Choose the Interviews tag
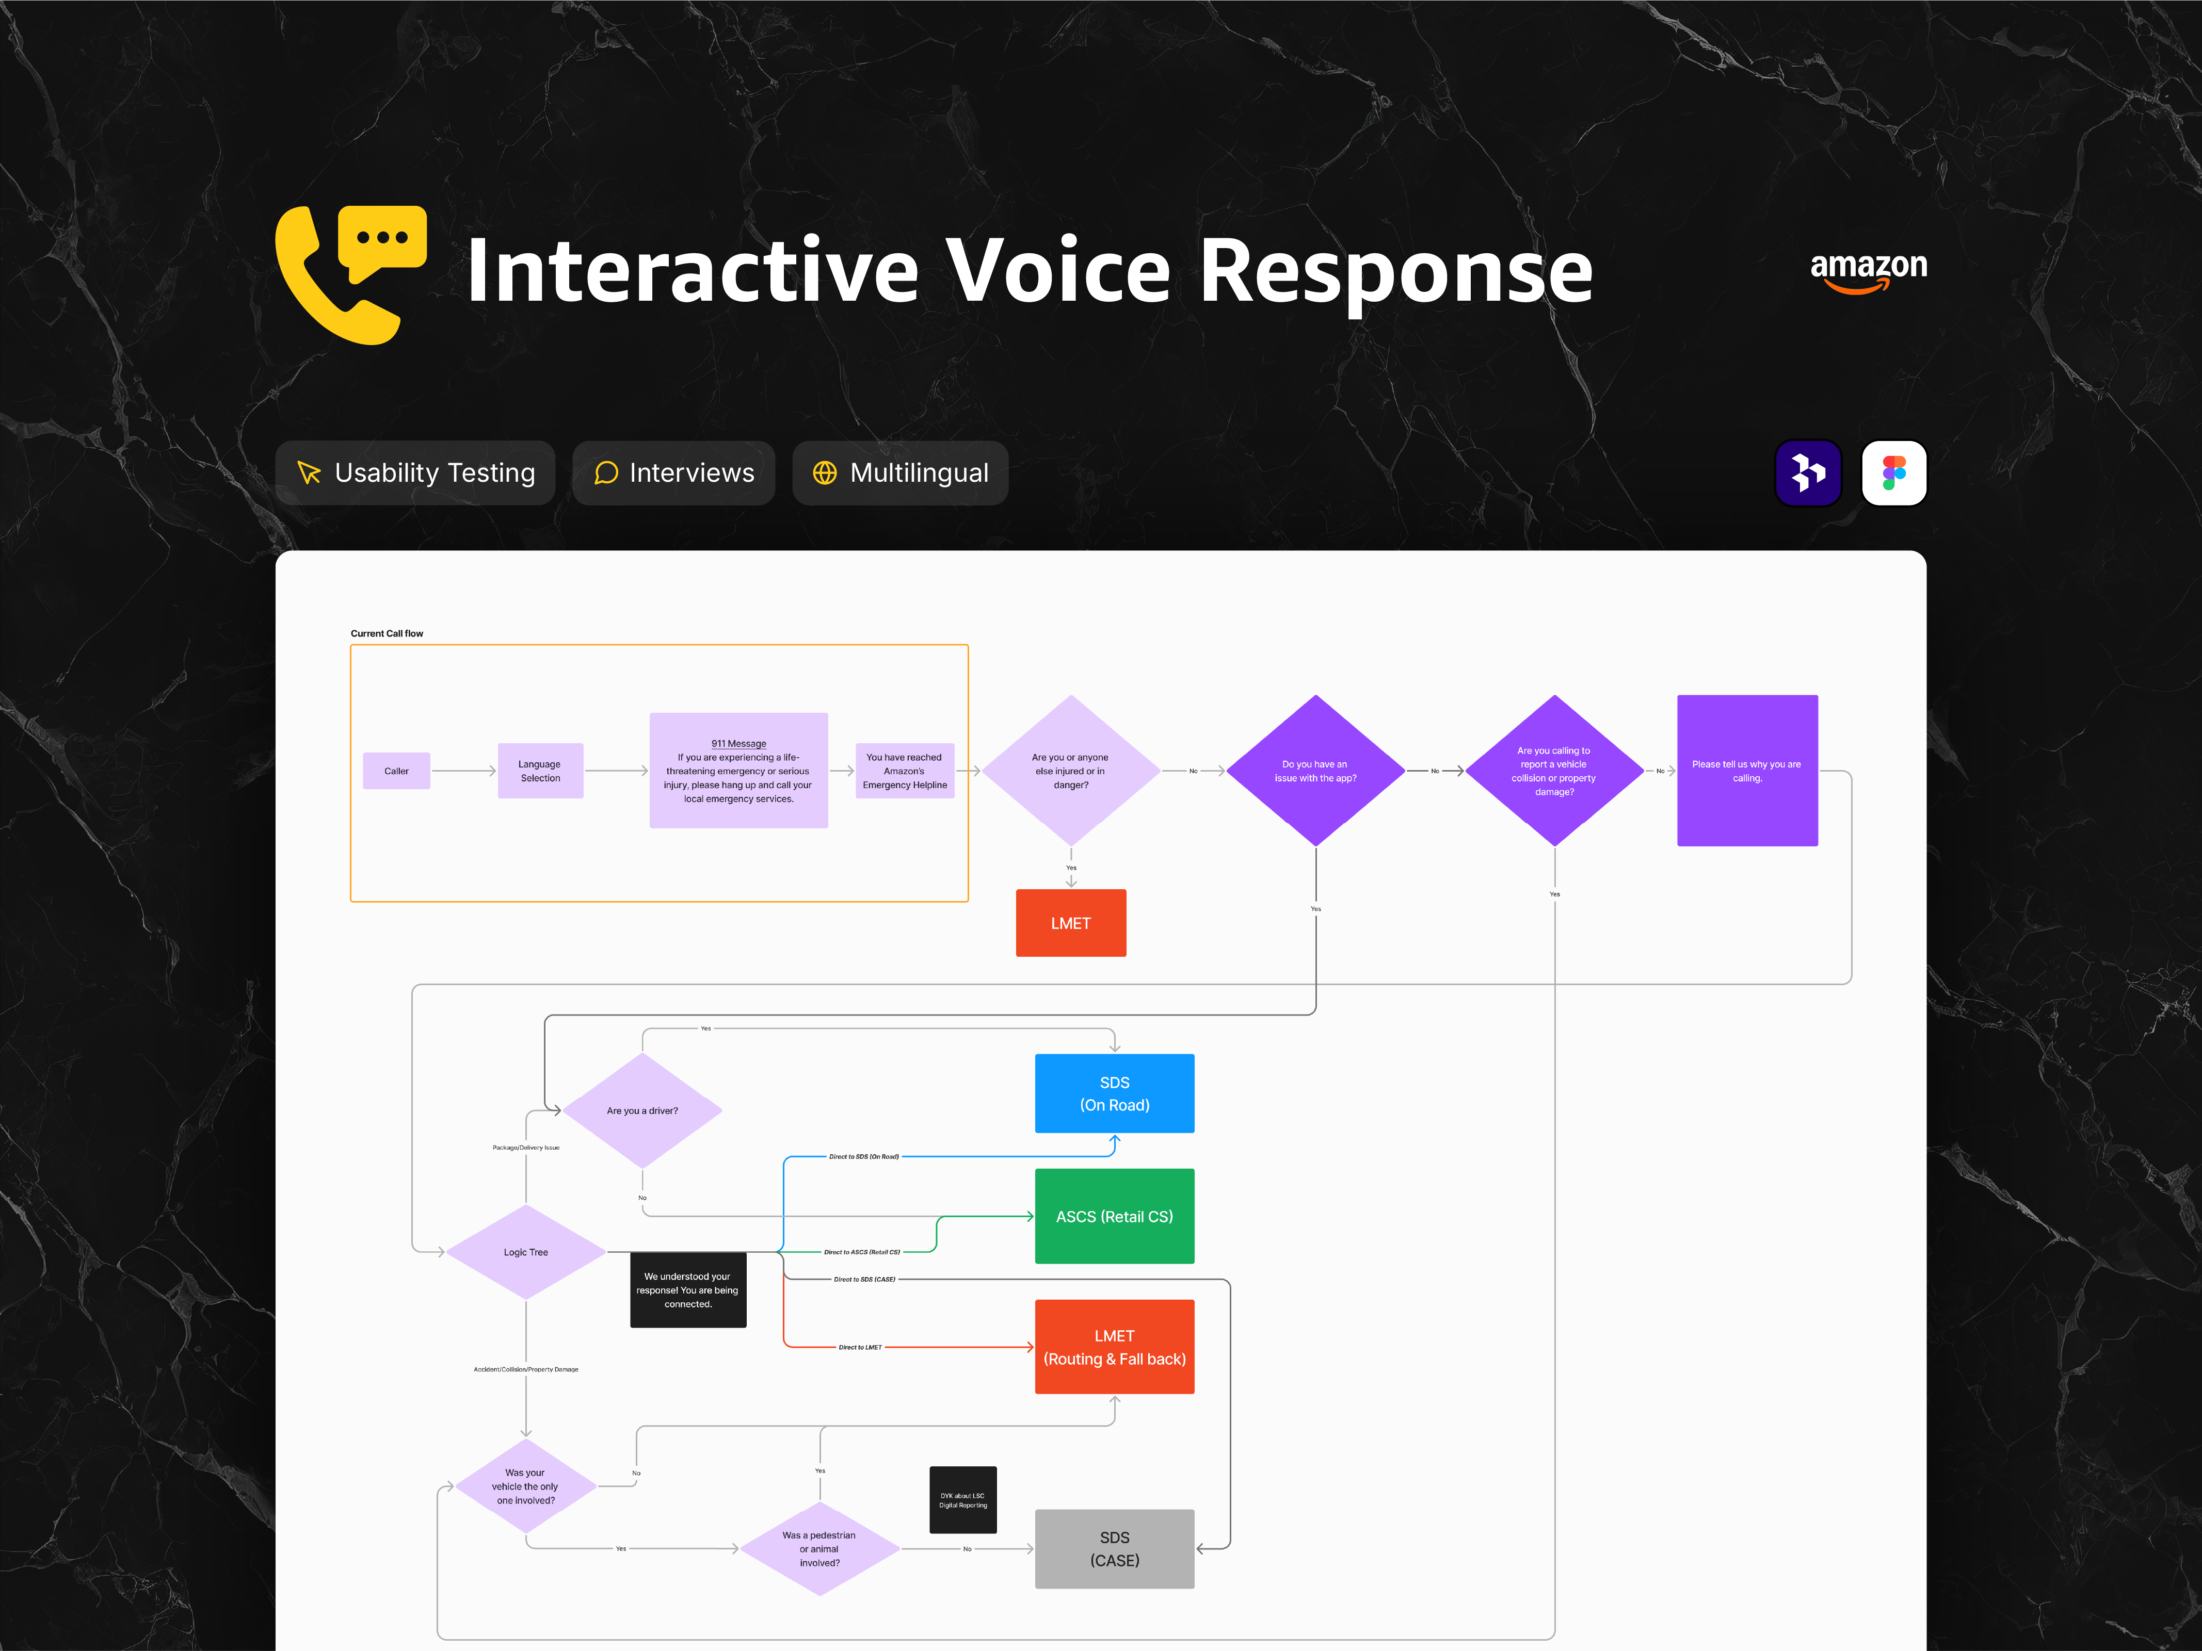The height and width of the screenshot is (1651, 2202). click(x=674, y=473)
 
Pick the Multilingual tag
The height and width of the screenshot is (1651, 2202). click(x=900, y=473)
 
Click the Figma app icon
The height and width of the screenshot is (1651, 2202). click(x=1893, y=473)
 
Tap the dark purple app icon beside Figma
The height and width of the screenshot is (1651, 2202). click(x=1808, y=473)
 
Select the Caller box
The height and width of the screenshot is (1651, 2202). click(x=396, y=771)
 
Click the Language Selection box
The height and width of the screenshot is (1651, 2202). click(x=540, y=771)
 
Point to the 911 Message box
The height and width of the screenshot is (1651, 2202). click(x=738, y=771)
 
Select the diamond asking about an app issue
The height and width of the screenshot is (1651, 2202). click(x=1315, y=771)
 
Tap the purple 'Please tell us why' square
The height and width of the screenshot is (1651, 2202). click(x=1747, y=771)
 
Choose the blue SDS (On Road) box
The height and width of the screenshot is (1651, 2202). click(x=1114, y=1093)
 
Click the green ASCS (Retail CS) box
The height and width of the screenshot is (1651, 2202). click(x=1114, y=1216)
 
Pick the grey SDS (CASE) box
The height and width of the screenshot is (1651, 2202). click(x=1114, y=1548)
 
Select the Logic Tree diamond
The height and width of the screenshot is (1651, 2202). click(x=526, y=1252)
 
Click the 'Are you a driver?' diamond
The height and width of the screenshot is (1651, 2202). click(x=642, y=1110)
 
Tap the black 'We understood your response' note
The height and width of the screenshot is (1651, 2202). click(x=688, y=1290)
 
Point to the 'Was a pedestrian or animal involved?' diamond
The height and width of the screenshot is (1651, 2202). click(x=819, y=1548)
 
